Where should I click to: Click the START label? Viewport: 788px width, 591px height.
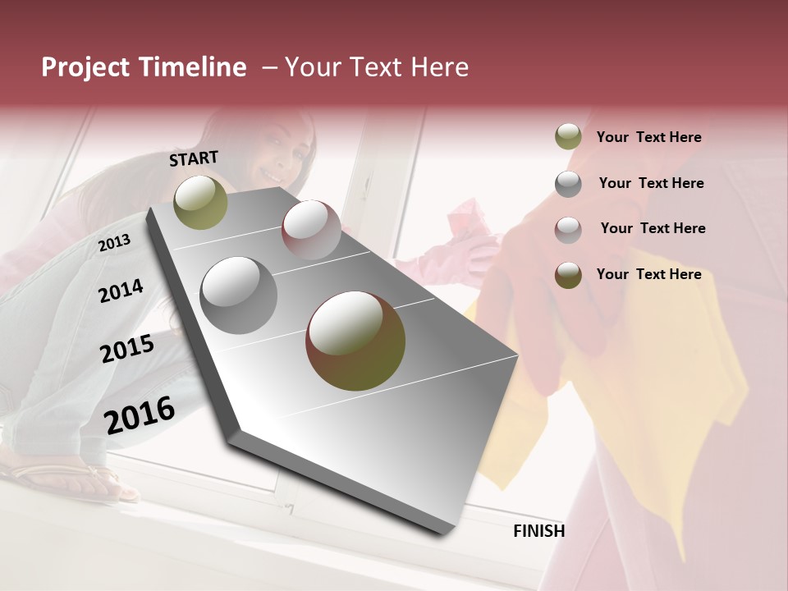click(x=194, y=158)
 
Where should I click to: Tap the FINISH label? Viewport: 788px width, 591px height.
click(x=538, y=531)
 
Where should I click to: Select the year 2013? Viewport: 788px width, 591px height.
click(x=114, y=242)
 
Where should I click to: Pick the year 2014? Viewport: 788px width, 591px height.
click(x=121, y=291)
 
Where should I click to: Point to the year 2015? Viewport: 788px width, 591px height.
click(x=127, y=349)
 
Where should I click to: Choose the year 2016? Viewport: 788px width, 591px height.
click(x=140, y=415)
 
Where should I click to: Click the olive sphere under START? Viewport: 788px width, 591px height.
click(x=201, y=202)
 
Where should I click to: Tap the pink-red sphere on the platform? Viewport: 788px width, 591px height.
click(x=311, y=230)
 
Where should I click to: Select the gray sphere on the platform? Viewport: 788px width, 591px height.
click(x=239, y=295)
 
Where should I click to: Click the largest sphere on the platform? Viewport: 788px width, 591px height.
click(x=355, y=341)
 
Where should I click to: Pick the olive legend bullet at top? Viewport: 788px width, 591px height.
click(x=568, y=137)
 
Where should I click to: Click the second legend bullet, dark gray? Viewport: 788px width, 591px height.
click(x=568, y=184)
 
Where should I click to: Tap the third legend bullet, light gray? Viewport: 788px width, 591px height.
click(x=568, y=229)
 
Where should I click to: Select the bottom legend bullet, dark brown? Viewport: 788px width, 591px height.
click(x=568, y=275)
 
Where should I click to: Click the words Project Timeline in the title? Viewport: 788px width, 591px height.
click(x=144, y=67)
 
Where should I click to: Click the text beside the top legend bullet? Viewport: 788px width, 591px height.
click(x=648, y=137)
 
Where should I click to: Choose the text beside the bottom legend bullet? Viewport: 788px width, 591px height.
click(x=648, y=274)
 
